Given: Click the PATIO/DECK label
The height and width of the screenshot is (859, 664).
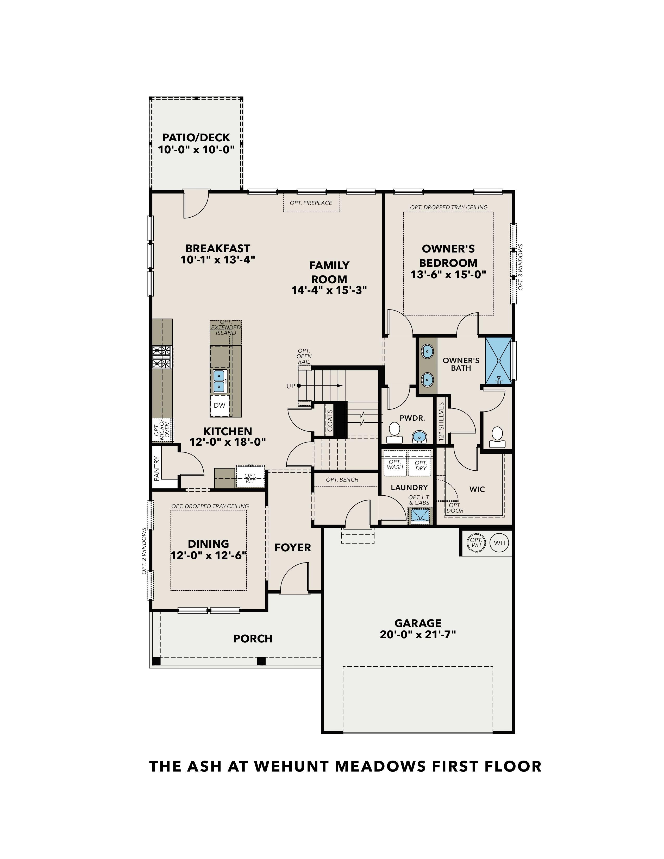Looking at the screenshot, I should click(196, 138).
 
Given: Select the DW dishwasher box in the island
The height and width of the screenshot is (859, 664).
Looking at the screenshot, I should click(220, 405).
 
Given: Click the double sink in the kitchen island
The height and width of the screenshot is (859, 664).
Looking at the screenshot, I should click(219, 381).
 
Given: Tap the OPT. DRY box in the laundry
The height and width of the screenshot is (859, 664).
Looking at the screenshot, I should click(421, 466).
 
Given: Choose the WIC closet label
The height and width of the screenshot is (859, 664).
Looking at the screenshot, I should click(477, 489).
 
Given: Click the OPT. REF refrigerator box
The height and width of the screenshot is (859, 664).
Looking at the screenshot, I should click(250, 478).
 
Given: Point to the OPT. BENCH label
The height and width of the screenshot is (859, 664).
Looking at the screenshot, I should click(342, 479).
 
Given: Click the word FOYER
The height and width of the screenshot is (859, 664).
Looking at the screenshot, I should click(293, 547).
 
